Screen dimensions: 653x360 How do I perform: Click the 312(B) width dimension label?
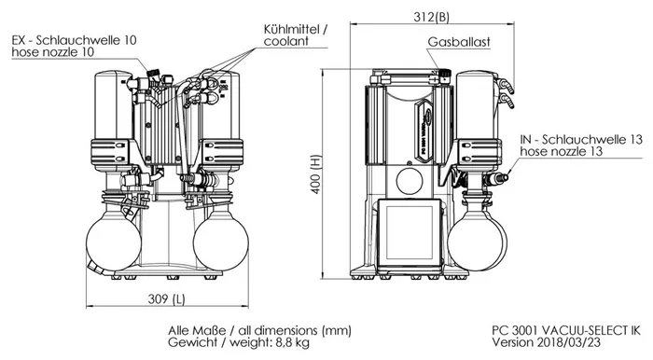click(x=431, y=16)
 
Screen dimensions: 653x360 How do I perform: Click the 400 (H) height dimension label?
click(x=315, y=174)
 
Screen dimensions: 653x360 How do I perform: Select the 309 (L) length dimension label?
click(x=167, y=298)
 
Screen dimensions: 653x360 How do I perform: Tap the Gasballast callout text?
click(x=459, y=42)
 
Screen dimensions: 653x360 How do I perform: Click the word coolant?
click(x=286, y=41)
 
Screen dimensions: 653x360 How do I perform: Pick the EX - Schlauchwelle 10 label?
click(x=74, y=40)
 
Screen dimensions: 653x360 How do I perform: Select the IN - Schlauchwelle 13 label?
click(x=581, y=139)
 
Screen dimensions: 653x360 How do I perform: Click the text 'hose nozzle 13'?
click(x=561, y=151)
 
